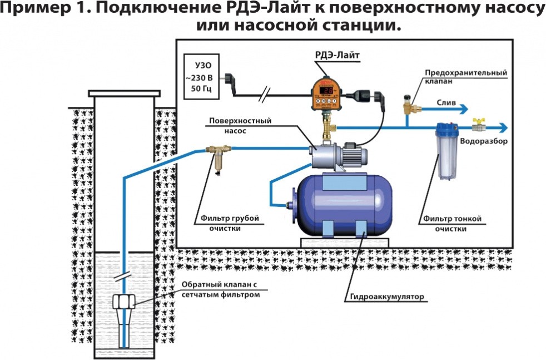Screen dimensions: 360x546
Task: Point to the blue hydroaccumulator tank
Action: [344, 204]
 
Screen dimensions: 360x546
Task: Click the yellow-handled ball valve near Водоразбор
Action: [476, 124]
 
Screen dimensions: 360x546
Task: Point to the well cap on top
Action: [124, 92]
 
